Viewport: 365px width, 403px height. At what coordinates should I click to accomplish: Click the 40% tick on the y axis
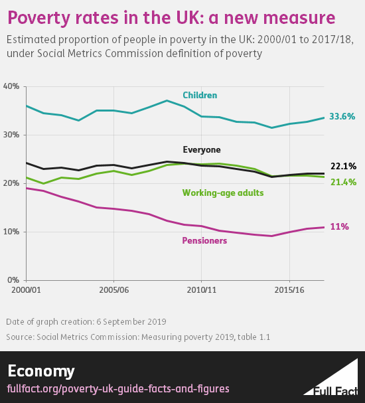coord(11,86)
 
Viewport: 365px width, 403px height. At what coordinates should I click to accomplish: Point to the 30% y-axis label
coord(11,135)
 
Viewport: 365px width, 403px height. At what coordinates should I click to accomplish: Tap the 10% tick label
coord(11,232)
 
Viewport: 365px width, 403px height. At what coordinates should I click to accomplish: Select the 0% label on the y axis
coord(13,280)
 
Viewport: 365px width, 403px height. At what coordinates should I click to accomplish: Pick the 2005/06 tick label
coord(113,291)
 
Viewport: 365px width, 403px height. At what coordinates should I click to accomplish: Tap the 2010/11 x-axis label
coord(201,291)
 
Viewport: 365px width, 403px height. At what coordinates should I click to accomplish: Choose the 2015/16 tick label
coord(289,291)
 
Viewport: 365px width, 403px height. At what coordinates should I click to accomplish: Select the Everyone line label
coord(202,150)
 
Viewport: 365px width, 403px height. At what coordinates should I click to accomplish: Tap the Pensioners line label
coord(204,240)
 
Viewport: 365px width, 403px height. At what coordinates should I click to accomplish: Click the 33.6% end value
coord(344,118)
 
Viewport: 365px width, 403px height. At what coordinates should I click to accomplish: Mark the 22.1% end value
coord(344,167)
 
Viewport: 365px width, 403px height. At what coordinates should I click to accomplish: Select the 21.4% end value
coord(344,182)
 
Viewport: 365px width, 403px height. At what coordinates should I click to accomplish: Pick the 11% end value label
coord(340,227)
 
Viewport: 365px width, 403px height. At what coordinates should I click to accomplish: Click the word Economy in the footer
coord(41,370)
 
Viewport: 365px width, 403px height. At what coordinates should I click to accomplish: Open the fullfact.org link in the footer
coord(118,388)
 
